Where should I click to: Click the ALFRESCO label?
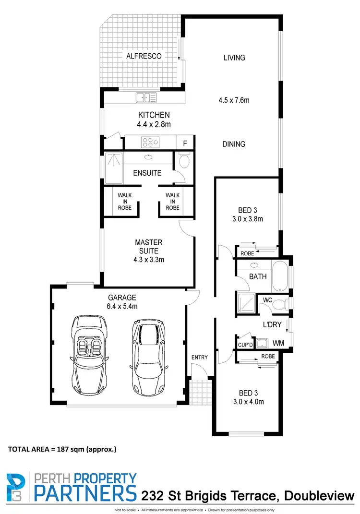(x=144, y=56)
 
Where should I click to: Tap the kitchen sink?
(x=146, y=97)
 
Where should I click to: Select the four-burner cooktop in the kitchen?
(x=149, y=143)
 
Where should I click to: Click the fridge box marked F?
(x=185, y=143)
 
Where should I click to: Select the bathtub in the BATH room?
(x=279, y=276)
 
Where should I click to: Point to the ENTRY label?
(x=199, y=357)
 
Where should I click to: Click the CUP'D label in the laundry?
(x=245, y=345)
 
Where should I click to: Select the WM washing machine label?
(x=278, y=344)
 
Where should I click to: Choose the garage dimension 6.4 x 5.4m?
(x=122, y=306)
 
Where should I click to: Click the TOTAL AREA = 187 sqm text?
(x=62, y=450)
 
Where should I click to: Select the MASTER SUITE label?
(x=148, y=247)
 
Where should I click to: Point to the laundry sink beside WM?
(x=262, y=343)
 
